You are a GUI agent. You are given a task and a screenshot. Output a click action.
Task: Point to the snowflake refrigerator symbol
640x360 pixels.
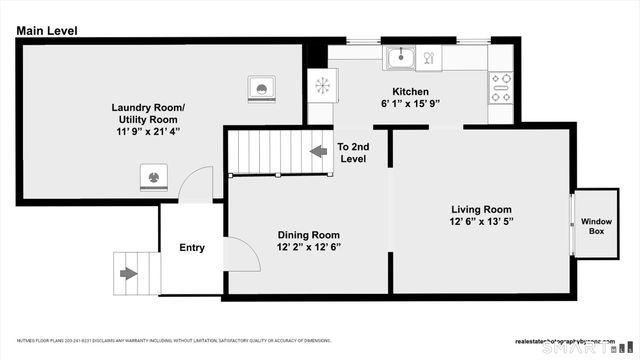pyautogui.click(x=322, y=85)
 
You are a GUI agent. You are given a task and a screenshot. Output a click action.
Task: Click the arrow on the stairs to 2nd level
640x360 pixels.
pyautogui.click(x=318, y=151)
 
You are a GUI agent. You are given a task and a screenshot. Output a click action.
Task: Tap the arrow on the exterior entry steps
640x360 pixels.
pyautogui.click(x=128, y=272)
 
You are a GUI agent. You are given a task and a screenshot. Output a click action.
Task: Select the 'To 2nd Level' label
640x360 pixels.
pyautogui.click(x=352, y=153)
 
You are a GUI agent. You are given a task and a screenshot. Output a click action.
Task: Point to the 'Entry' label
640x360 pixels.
pyautogui.click(x=192, y=248)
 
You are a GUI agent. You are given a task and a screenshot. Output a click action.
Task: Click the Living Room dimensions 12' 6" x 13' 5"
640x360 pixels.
pyautogui.click(x=481, y=222)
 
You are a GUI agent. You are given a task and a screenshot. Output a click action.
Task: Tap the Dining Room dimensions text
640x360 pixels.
pyautogui.click(x=308, y=247)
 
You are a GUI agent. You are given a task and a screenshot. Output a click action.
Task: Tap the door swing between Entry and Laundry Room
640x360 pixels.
pyautogui.click(x=200, y=186)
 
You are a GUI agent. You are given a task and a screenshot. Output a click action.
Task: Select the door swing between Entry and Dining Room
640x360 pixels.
pyautogui.click(x=243, y=255)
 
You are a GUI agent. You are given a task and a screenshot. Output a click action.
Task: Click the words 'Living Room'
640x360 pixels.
pyautogui.click(x=481, y=209)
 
